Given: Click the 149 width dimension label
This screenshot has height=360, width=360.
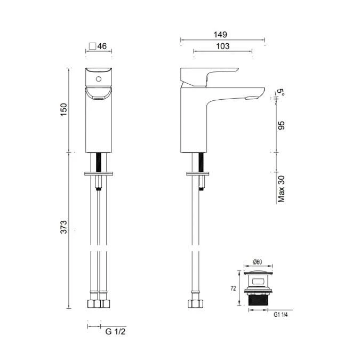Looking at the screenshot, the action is pyautogui.click(x=220, y=35).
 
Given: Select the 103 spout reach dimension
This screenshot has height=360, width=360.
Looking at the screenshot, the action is pyautogui.click(x=223, y=46).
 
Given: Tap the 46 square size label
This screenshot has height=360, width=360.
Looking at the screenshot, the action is pyautogui.click(x=102, y=46).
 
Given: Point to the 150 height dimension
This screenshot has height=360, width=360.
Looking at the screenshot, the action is pyautogui.click(x=63, y=109).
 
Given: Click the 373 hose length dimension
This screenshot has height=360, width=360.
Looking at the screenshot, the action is pyautogui.click(x=63, y=227).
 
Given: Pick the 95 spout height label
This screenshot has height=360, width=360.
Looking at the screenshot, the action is pyautogui.click(x=281, y=125).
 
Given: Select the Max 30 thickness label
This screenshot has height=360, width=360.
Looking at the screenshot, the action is pyautogui.click(x=281, y=189).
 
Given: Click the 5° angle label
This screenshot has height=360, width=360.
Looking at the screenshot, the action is pyautogui.click(x=281, y=92).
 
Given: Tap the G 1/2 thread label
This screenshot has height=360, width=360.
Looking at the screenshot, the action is pyautogui.click(x=115, y=332).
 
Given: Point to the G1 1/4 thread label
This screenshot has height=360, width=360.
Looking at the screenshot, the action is pyautogui.click(x=281, y=315).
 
